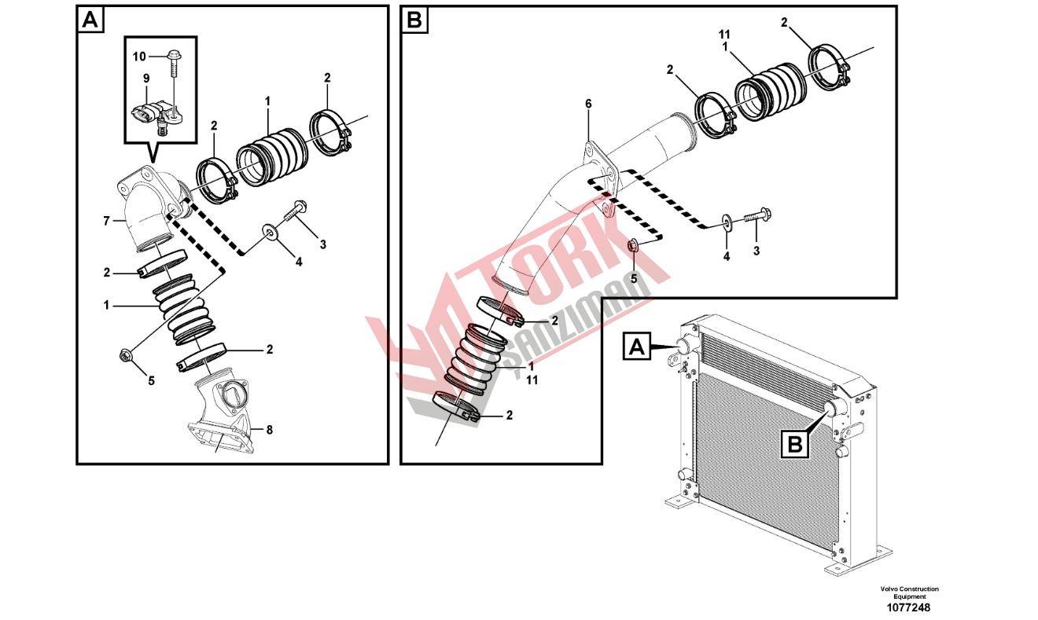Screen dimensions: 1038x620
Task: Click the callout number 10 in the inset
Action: [x=139, y=57]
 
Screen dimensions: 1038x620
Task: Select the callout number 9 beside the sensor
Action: [x=146, y=79]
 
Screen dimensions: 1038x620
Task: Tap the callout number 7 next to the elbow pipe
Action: [x=107, y=222]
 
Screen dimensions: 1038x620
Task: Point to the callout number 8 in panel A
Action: [x=269, y=430]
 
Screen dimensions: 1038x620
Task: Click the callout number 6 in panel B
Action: [x=588, y=104]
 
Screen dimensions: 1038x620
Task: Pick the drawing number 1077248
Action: [x=908, y=607]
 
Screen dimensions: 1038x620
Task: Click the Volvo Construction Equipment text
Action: [x=910, y=592]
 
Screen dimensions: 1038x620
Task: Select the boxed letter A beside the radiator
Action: [x=637, y=346]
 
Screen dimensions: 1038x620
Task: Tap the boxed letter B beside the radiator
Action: [x=795, y=445]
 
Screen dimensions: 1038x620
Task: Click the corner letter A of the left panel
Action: [x=90, y=20]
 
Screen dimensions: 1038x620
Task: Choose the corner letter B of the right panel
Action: [x=414, y=20]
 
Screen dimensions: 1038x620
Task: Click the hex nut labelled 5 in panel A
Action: [x=124, y=356]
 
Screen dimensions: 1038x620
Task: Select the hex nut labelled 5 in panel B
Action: [x=634, y=245]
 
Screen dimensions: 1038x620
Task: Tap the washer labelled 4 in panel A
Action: [x=269, y=230]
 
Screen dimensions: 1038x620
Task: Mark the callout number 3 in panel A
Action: [x=322, y=244]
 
